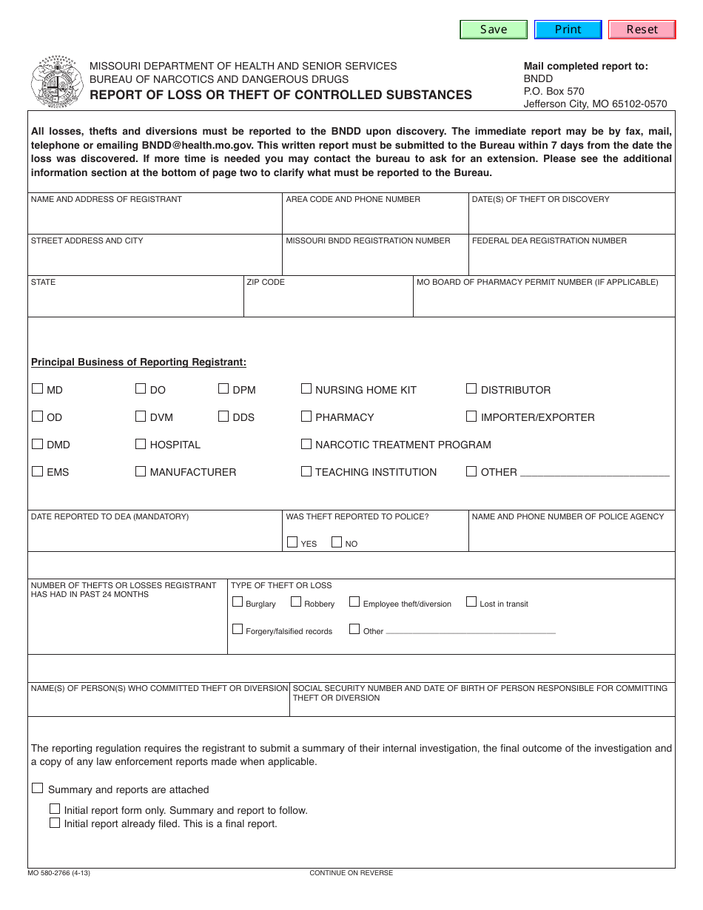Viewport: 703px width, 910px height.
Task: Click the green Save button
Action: [494, 30]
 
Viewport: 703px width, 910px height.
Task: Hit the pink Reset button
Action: [642, 30]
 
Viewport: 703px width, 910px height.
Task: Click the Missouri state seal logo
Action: [57, 81]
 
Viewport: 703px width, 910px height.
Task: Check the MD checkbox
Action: [38, 388]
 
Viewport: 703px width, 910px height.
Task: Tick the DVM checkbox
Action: [141, 416]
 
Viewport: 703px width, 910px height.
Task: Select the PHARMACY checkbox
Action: [306, 416]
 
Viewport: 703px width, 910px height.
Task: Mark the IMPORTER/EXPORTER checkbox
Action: [471, 416]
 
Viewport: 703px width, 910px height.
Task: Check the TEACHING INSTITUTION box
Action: [306, 471]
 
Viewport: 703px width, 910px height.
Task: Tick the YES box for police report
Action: [292, 542]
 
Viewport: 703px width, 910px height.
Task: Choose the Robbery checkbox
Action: [296, 602]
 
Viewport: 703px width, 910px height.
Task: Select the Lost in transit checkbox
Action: [471, 602]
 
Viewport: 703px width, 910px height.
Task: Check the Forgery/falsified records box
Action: [238, 630]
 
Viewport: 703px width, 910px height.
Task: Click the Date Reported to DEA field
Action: [155, 536]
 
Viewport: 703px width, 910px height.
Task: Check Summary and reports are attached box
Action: [38, 789]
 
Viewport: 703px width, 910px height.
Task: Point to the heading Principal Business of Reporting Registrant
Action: [138, 363]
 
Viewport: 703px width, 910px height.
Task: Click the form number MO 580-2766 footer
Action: [59, 873]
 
